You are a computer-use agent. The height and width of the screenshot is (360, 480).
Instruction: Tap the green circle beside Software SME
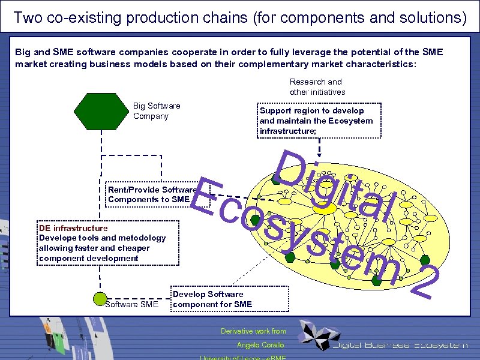pyautogui.click(x=100, y=298)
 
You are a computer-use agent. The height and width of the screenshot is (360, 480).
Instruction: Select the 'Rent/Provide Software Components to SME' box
pyautogui.click(x=152, y=194)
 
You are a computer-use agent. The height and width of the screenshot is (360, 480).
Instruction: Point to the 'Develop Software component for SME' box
pyautogui.click(x=229, y=299)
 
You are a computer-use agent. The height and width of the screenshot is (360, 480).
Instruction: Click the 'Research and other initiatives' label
pyautogui.click(x=317, y=86)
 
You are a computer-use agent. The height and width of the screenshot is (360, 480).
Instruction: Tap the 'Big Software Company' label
pyautogui.click(x=156, y=111)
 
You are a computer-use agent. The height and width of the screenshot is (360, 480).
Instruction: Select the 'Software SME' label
pyautogui.click(x=131, y=304)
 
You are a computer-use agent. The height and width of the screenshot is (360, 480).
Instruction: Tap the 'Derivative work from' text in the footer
pyautogui.click(x=253, y=331)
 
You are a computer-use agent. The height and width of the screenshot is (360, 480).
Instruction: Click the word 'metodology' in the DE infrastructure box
pyautogui.click(x=137, y=238)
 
